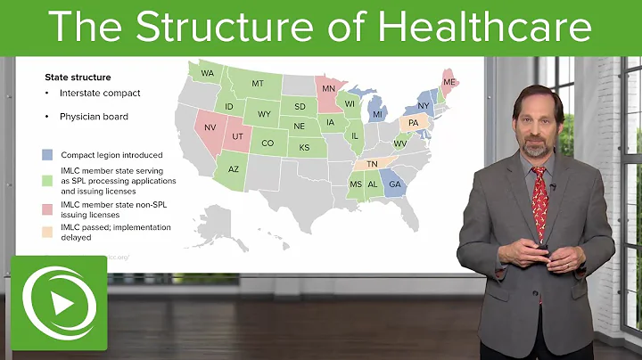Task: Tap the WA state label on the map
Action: click(x=207, y=73)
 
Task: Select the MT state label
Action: click(x=258, y=83)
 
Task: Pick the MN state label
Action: click(x=328, y=90)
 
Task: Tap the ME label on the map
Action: click(x=449, y=82)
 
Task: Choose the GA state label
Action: click(x=395, y=184)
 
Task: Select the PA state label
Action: click(x=413, y=124)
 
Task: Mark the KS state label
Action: click(x=303, y=147)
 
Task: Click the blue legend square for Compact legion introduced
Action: click(x=48, y=154)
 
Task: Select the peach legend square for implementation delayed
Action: click(x=48, y=232)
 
